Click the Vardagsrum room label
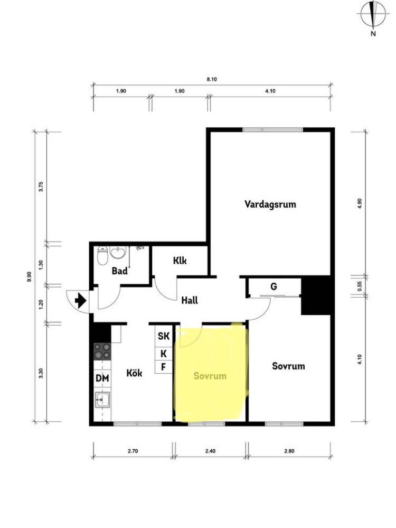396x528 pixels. [270, 205]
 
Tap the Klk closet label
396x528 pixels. [180, 261]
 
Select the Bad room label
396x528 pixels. [120, 271]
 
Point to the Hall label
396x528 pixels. [190, 300]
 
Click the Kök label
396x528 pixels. [134, 373]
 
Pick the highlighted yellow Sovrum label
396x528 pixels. [210, 376]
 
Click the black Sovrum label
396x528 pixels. [288, 366]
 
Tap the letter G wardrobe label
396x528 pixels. [274, 286]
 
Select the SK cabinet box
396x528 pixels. [164, 336]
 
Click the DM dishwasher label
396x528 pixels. [102, 378]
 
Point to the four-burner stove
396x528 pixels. [102, 351]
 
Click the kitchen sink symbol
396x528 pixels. [102, 400]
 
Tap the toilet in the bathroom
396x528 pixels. [102, 256]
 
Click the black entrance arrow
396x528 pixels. [80, 300]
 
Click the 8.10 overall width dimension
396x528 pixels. [212, 79]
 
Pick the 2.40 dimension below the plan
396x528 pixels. [210, 451]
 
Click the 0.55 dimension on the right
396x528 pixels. [360, 286]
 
